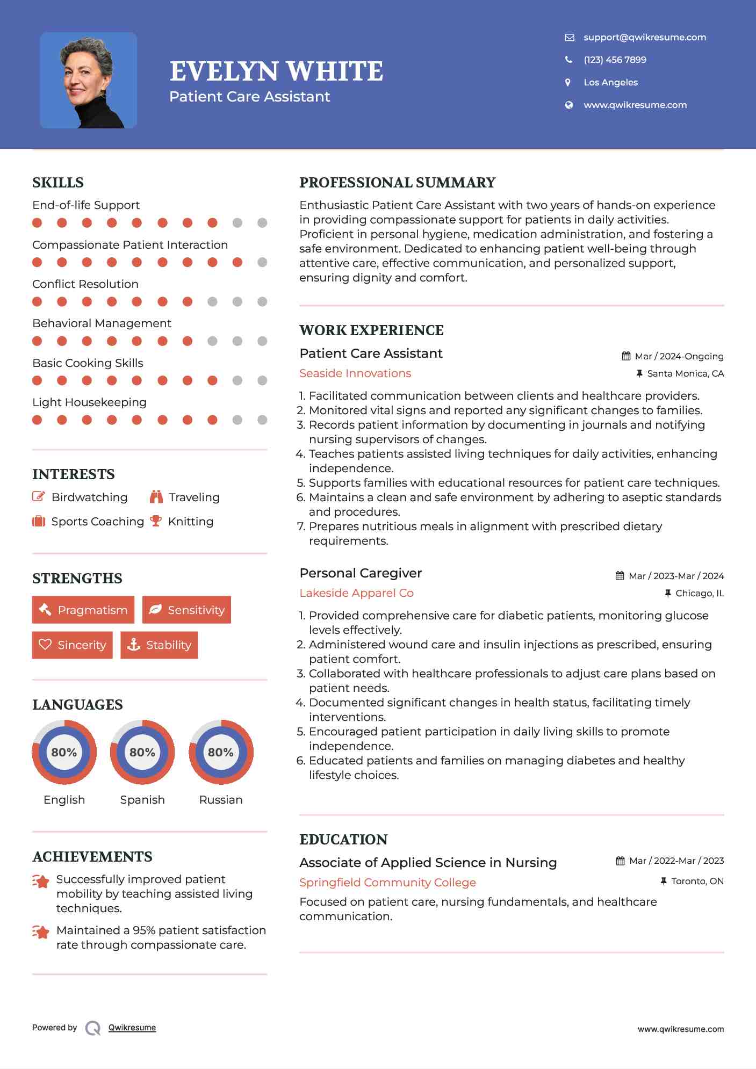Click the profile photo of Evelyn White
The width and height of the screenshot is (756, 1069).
click(88, 80)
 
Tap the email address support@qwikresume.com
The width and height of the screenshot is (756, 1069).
click(644, 37)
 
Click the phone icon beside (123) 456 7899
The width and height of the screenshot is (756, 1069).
click(568, 60)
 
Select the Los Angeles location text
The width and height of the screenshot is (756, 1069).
click(610, 82)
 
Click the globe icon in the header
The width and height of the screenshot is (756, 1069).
click(568, 105)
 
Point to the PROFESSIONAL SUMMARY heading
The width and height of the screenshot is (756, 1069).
click(397, 183)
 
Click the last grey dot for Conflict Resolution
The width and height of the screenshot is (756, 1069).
click(262, 301)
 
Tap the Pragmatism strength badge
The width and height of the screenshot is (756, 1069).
click(83, 610)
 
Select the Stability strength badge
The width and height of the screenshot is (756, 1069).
click(159, 645)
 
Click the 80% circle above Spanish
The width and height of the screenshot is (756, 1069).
click(142, 752)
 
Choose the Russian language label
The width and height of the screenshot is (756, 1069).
click(220, 799)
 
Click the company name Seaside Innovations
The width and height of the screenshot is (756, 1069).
click(355, 373)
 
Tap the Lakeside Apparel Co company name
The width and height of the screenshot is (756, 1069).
click(356, 593)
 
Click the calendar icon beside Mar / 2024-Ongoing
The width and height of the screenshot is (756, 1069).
click(626, 356)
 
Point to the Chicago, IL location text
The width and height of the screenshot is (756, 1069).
click(699, 593)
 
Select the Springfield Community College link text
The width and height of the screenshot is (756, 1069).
click(387, 882)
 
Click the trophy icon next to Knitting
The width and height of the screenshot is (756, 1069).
click(156, 521)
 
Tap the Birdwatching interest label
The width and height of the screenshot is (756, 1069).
click(89, 497)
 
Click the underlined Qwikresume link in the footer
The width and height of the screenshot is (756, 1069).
click(132, 1027)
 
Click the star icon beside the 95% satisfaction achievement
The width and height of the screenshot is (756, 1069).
click(41, 932)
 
